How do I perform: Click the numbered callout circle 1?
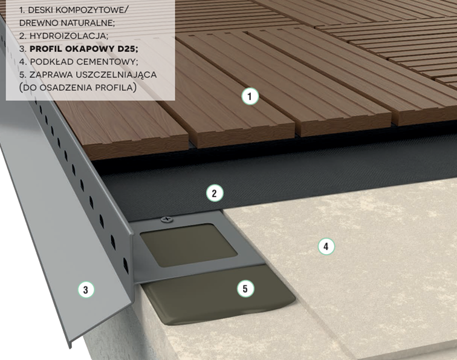(x=250, y=96)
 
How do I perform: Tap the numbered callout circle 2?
(x=215, y=194)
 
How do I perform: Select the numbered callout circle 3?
(x=86, y=290)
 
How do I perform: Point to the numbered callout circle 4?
(x=326, y=246)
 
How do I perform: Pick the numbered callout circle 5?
(x=245, y=289)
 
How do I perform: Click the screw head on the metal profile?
(x=166, y=219)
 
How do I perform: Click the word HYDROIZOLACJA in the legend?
(x=69, y=36)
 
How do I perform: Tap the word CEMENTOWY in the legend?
(x=112, y=62)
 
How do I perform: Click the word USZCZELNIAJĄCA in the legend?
(x=116, y=74)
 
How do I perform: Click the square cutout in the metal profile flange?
(x=189, y=245)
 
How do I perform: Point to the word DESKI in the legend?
(x=41, y=10)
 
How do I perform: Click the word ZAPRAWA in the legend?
(x=51, y=74)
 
